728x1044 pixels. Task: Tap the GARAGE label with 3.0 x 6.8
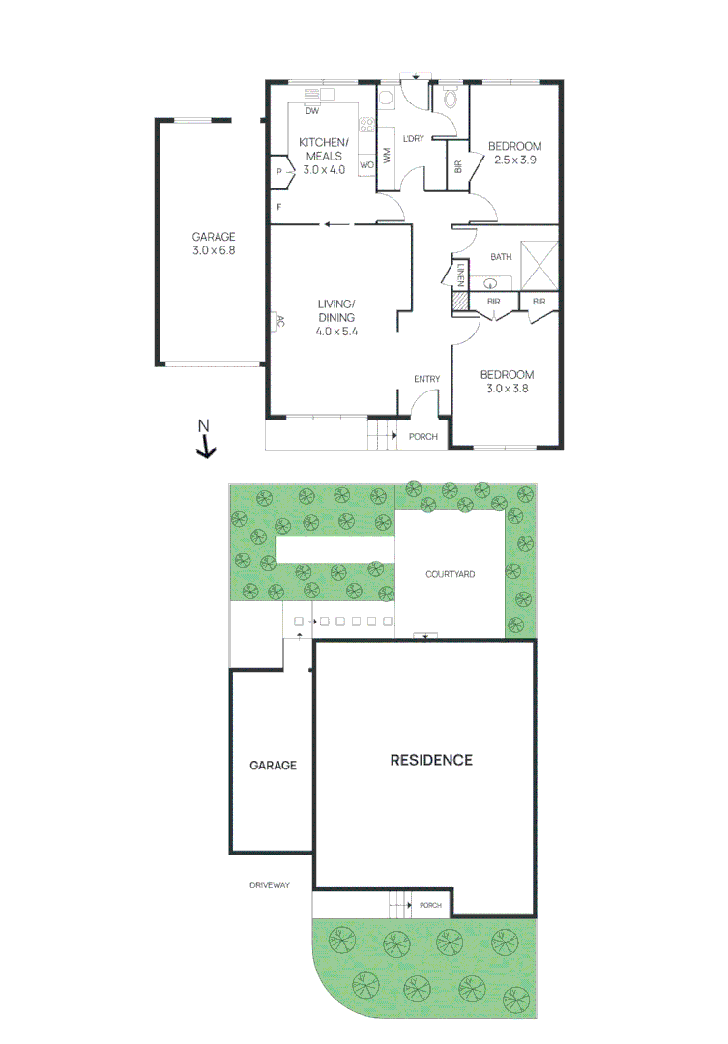213,243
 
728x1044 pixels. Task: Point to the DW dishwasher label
311,111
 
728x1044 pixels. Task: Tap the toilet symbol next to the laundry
449,99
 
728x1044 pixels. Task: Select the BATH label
501,257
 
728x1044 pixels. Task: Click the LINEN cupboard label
462,275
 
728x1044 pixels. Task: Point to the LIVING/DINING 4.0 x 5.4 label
336,318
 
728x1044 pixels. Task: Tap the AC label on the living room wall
280,322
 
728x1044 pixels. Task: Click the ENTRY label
426,379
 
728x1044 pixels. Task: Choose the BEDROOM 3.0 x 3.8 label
508,382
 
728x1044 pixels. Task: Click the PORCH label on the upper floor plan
423,437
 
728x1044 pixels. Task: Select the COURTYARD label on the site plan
451,574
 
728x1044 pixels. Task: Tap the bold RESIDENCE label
431,760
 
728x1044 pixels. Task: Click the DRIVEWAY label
270,884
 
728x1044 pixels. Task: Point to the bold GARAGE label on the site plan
273,765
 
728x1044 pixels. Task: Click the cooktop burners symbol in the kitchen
366,125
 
